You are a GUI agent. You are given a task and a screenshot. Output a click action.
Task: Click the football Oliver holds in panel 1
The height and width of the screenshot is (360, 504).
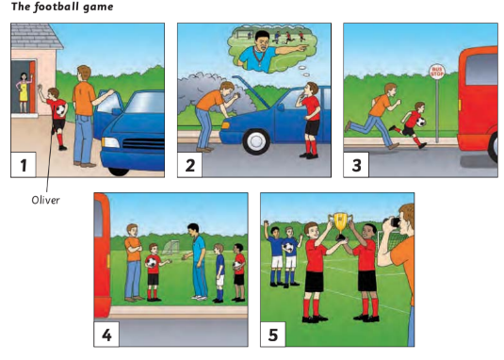[58, 111]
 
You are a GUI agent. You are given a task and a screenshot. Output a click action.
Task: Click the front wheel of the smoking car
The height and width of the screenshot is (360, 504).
[256, 141]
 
